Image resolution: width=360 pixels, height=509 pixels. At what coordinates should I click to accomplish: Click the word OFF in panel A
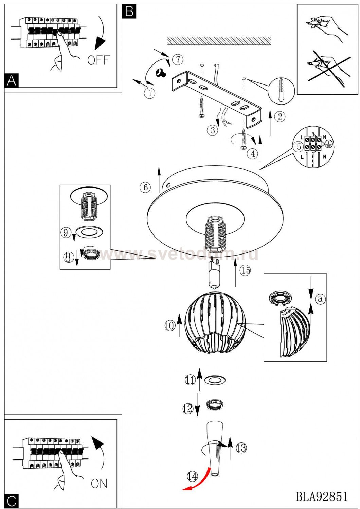click(98, 60)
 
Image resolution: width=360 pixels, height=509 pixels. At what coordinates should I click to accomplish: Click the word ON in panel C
click(99, 484)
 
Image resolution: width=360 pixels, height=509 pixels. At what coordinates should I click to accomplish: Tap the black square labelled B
click(129, 11)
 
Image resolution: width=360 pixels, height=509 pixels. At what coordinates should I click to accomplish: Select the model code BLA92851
click(322, 497)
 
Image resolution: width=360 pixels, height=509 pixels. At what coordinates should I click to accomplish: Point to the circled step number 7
click(178, 59)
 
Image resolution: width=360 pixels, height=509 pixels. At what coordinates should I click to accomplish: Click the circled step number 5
click(299, 147)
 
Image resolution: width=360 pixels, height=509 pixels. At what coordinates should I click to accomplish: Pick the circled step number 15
click(246, 270)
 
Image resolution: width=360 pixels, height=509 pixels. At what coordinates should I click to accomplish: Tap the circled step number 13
click(241, 448)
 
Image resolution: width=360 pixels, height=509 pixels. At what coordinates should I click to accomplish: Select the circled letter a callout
click(320, 299)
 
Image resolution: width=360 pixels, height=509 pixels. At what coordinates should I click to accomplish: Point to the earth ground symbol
click(329, 143)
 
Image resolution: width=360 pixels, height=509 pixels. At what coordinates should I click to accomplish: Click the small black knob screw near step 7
click(161, 73)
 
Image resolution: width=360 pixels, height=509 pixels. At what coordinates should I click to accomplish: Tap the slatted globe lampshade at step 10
click(215, 323)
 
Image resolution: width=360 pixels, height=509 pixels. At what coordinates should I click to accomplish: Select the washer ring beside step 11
click(215, 380)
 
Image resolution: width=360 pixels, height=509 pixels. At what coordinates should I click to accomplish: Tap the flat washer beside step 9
click(89, 232)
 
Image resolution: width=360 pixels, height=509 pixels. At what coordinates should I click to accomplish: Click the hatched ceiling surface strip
click(219, 41)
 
